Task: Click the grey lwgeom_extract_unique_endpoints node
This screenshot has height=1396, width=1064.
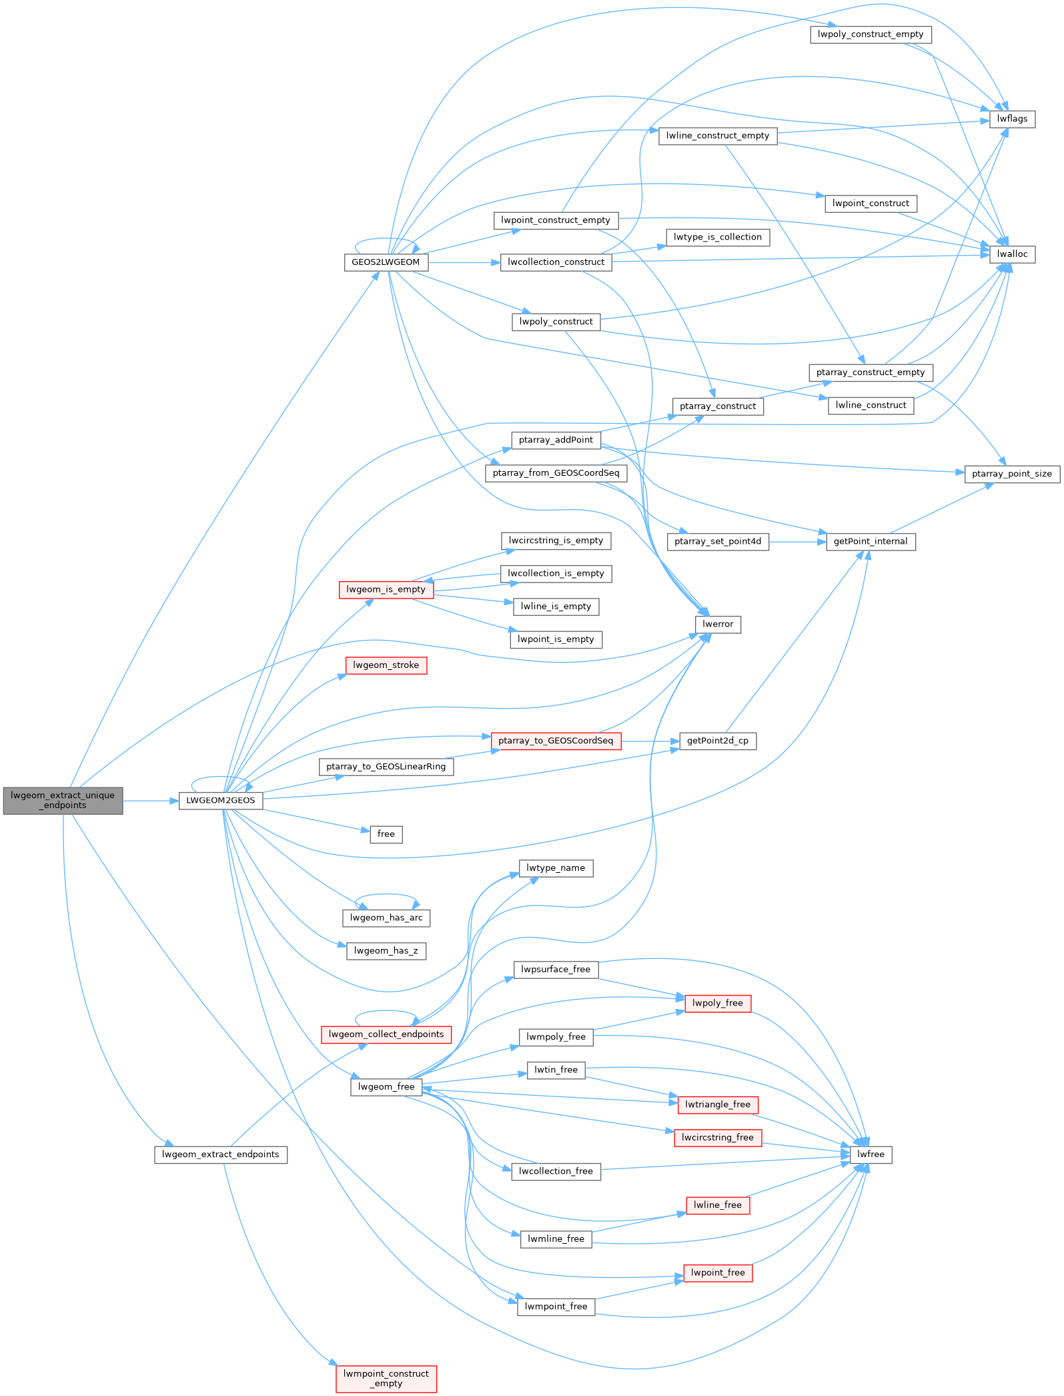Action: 63,800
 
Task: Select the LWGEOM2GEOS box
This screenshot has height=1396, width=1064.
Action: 220,800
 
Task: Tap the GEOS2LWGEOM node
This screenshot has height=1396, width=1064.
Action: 386,262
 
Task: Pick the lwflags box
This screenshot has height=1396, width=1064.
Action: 1012,119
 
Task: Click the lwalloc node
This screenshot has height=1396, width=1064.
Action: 1012,254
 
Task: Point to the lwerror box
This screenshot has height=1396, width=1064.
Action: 718,625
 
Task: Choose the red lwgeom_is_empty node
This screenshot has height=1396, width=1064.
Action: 386,590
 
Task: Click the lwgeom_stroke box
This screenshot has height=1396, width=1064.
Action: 386,665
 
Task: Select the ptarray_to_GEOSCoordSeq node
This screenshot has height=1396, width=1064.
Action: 556,741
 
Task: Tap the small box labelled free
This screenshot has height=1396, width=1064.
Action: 386,834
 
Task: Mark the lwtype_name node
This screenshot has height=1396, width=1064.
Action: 556,868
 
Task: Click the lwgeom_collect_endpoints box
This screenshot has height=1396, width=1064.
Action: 386,1034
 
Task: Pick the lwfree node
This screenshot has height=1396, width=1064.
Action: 871,1154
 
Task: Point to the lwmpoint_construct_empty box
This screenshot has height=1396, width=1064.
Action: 386,1379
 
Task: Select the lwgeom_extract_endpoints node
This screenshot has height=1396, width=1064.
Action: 221,1154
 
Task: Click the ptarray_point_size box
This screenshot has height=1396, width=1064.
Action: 1011,474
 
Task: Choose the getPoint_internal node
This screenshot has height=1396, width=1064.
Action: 871,542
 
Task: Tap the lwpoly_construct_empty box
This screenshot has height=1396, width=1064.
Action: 871,35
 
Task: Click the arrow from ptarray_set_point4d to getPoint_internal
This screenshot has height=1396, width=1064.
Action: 798,542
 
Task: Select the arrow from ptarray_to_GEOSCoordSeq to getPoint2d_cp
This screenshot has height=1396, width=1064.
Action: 650,741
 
